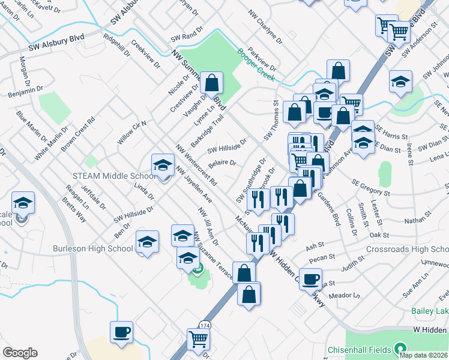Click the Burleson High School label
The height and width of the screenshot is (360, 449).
[93, 248]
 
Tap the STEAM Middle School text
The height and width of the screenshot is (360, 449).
[115, 176]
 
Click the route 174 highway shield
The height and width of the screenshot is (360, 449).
[205, 325]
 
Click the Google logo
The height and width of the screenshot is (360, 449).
[20, 353]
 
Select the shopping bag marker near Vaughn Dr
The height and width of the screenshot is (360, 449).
[211, 83]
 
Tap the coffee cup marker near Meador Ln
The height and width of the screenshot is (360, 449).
[310, 280]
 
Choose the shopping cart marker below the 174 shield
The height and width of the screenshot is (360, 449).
[197, 339]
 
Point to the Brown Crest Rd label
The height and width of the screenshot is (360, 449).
[78, 134]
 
